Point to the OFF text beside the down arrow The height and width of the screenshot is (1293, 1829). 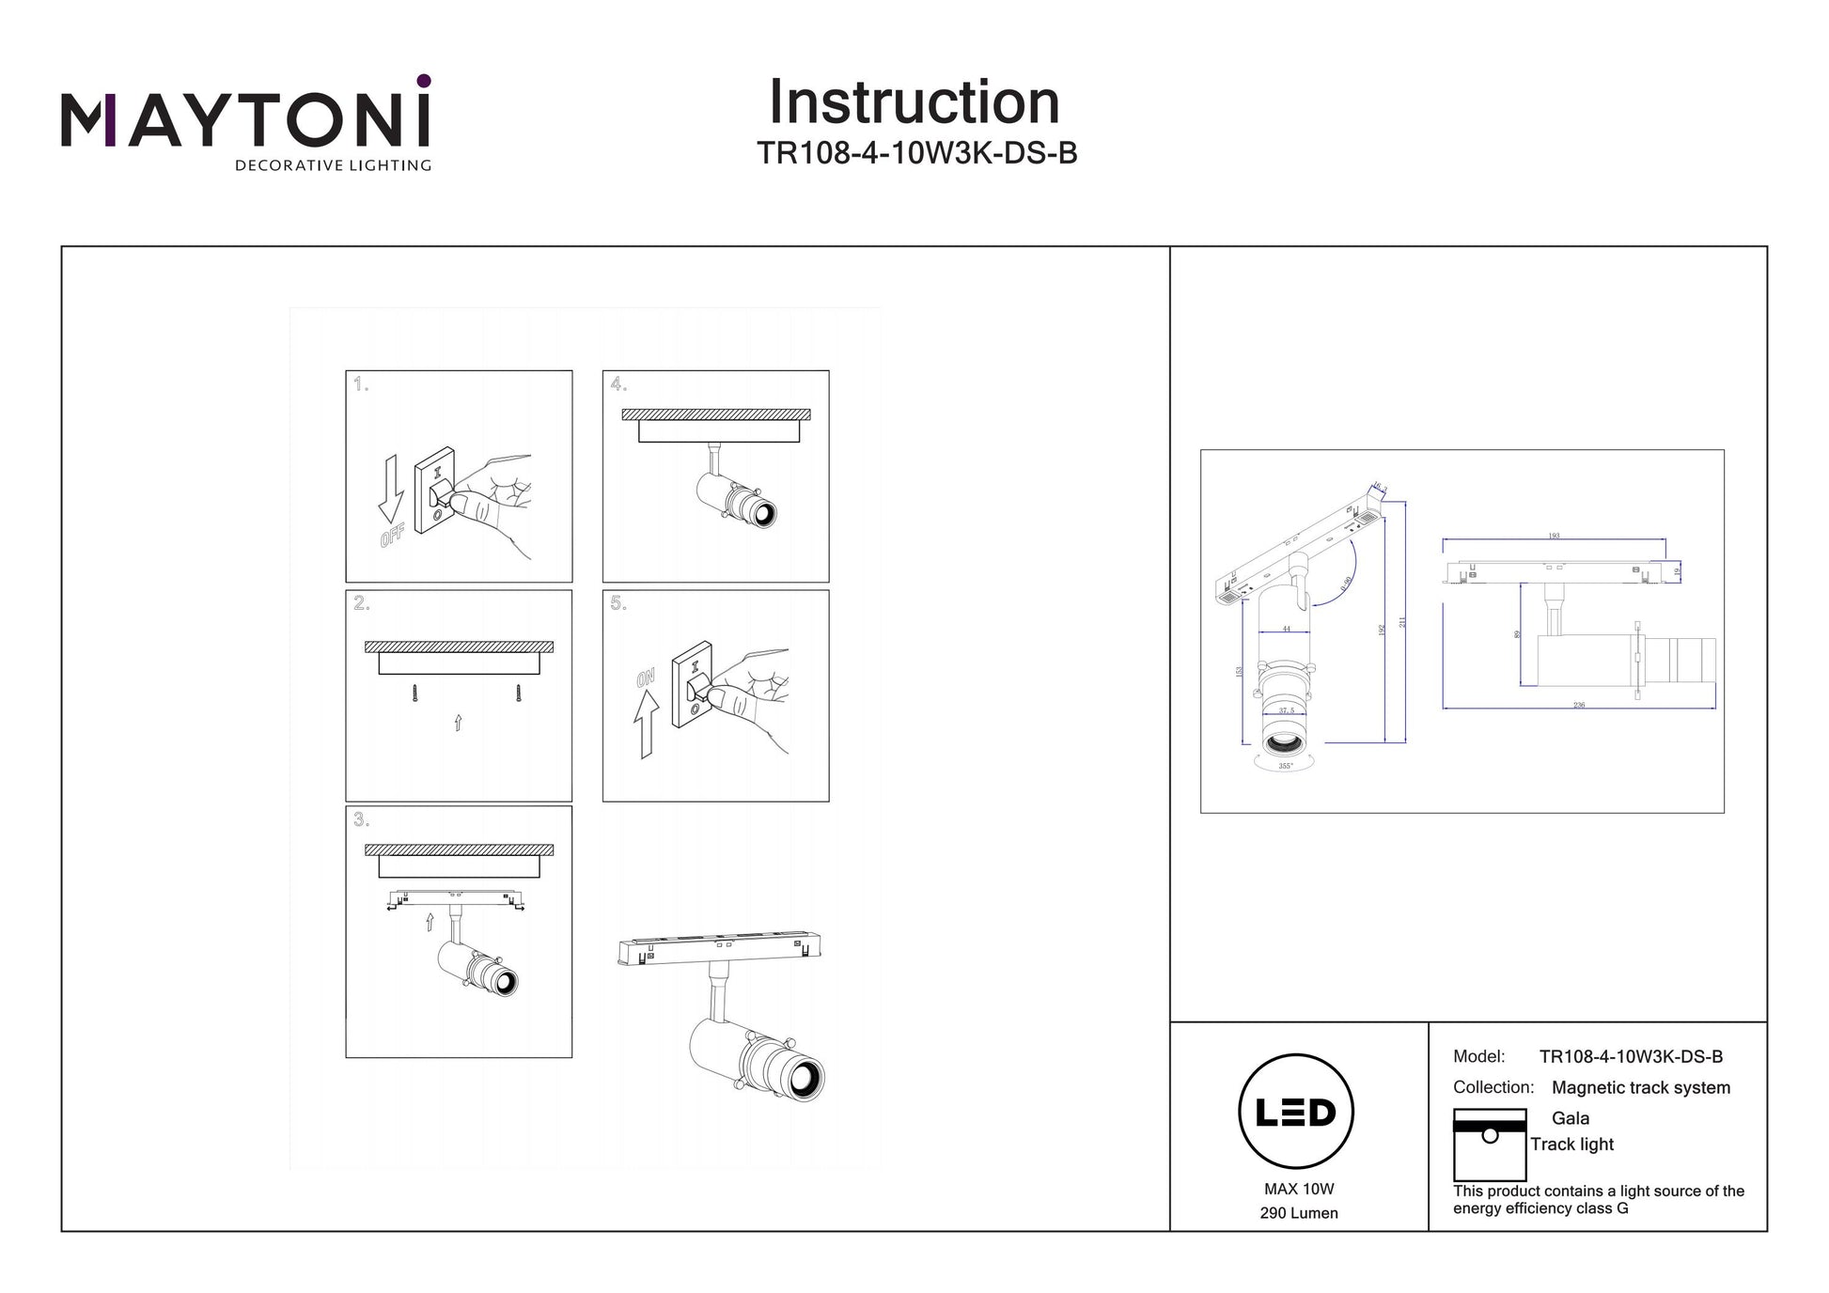pyautogui.click(x=393, y=536)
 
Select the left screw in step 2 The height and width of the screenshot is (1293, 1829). pyautogui.click(x=414, y=693)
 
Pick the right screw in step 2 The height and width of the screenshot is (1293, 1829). pyautogui.click(x=518, y=693)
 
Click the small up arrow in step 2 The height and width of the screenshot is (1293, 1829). pyautogui.click(x=458, y=722)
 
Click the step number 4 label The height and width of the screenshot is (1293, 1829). pyautogui.click(x=618, y=384)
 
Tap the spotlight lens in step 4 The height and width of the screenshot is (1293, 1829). pyautogui.click(x=762, y=513)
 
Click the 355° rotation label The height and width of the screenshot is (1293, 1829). pyautogui.click(x=1286, y=767)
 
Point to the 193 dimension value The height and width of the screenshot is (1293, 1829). pyautogui.click(x=1554, y=537)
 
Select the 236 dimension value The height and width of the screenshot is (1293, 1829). pyautogui.click(x=1579, y=705)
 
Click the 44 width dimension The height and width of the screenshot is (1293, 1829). pyautogui.click(x=1286, y=630)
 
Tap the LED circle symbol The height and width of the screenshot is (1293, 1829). pyautogui.click(x=1296, y=1112)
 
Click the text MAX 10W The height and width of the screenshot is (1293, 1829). pyautogui.click(x=1299, y=1190)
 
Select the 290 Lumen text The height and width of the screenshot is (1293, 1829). pyautogui.click(x=1299, y=1213)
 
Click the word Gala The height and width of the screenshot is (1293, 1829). pyautogui.click(x=1571, y=1118)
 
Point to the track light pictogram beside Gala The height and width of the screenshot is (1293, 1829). pyautogui.click(x=1490, y=1145)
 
